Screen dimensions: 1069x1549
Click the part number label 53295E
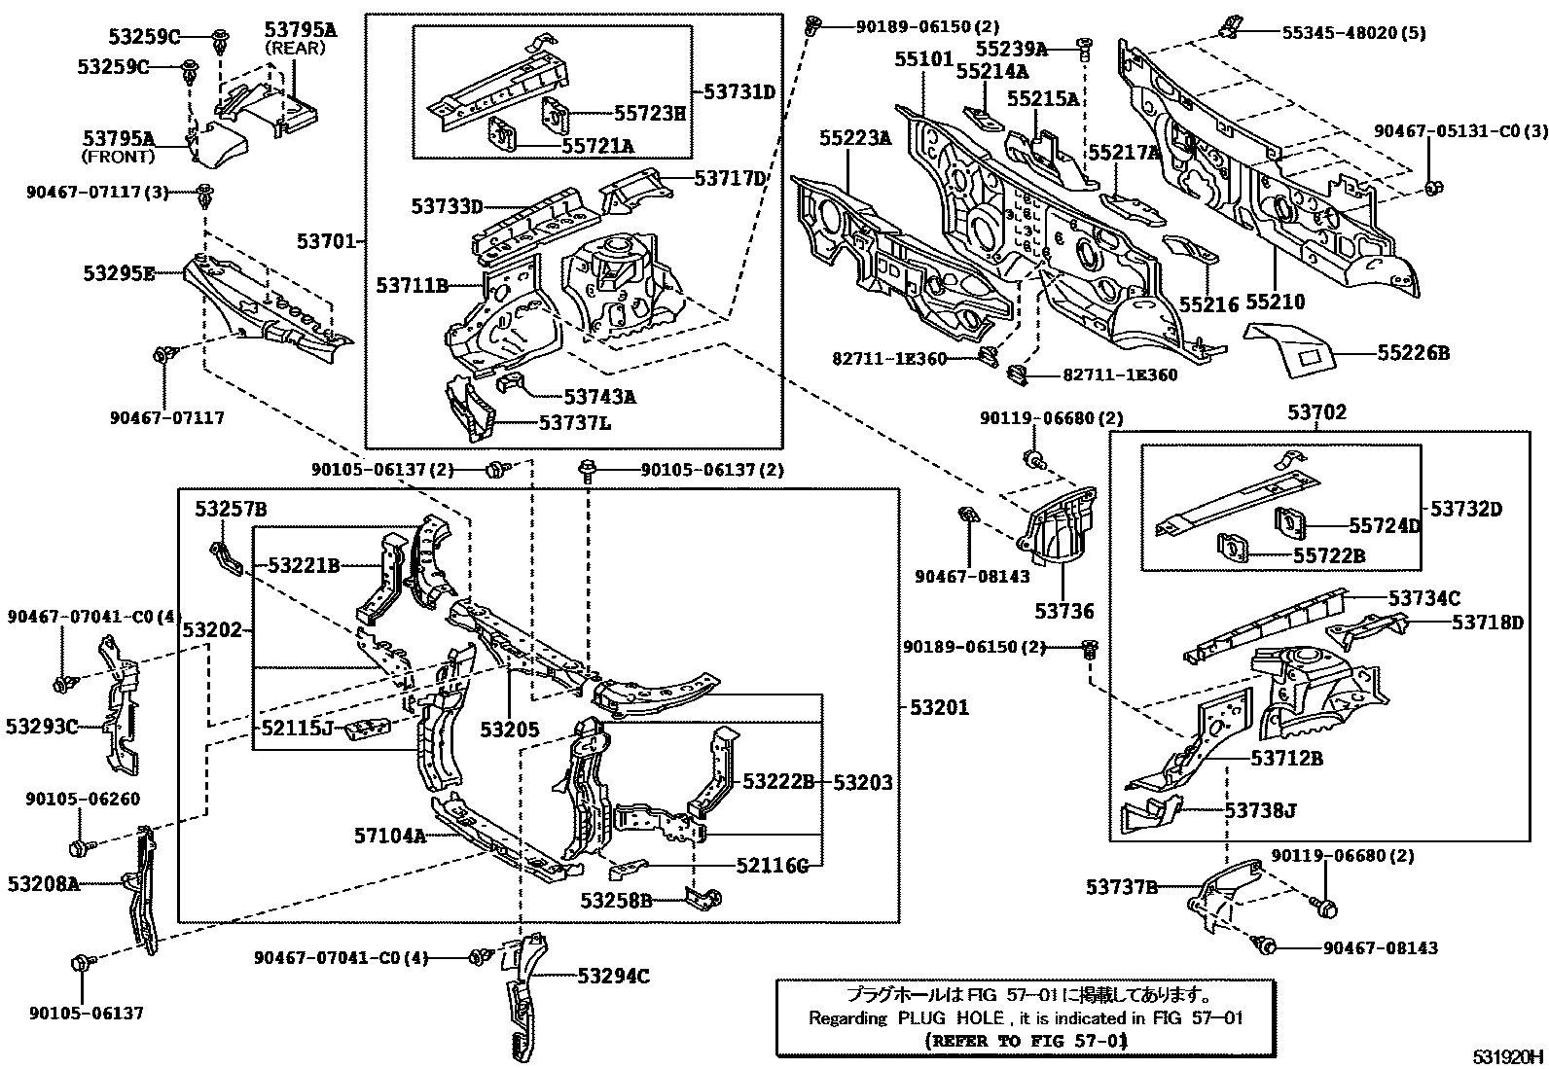(119, 273)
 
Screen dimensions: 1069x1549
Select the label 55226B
(1413, 354)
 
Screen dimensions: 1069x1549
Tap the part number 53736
(1063, 611)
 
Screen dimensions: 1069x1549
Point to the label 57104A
(390, 835)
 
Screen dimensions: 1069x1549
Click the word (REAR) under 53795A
(295, 49)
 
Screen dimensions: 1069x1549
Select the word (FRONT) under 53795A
(119, 157)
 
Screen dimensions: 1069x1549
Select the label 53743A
(600, 396)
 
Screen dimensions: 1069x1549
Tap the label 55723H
(649, 113)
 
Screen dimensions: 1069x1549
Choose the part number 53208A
(44, 883)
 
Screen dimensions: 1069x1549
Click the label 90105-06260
(83, 800)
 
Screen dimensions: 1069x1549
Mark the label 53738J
(1260, 809)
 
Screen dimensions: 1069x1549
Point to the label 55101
(923, 59)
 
